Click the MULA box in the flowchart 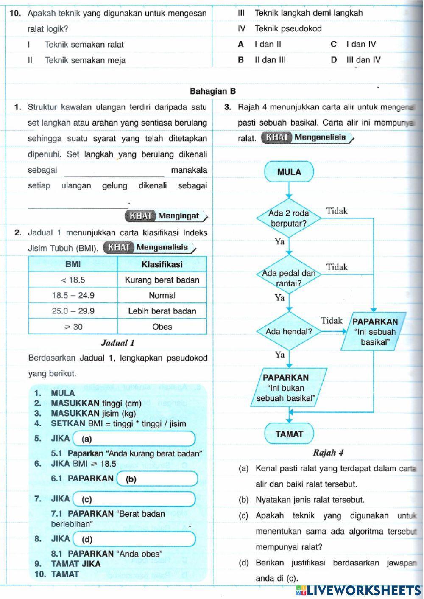[x=289, y=172]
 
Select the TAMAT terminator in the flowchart [x=289, y=434]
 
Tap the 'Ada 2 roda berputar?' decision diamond [x=289, y=218]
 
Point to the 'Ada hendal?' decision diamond [x=289, y=331]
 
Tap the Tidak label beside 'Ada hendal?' [x=332, y=320]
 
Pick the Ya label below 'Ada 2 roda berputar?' [x=279, y=241]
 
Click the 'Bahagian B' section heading [x=213, y=91]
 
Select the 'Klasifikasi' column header [x=162, y=264]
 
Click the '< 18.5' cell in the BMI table [x=73, y=280]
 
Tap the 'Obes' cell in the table [x=162, y=327]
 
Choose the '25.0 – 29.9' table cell [x=73, y=311]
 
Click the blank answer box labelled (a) [x=134, y=439]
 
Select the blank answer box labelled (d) [x=134, y=539]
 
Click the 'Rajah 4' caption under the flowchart [x=328, y=453]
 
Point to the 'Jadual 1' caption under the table [x=118, y=343]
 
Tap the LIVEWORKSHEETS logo [x=358, y=590]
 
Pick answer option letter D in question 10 [x=334, y=60]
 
